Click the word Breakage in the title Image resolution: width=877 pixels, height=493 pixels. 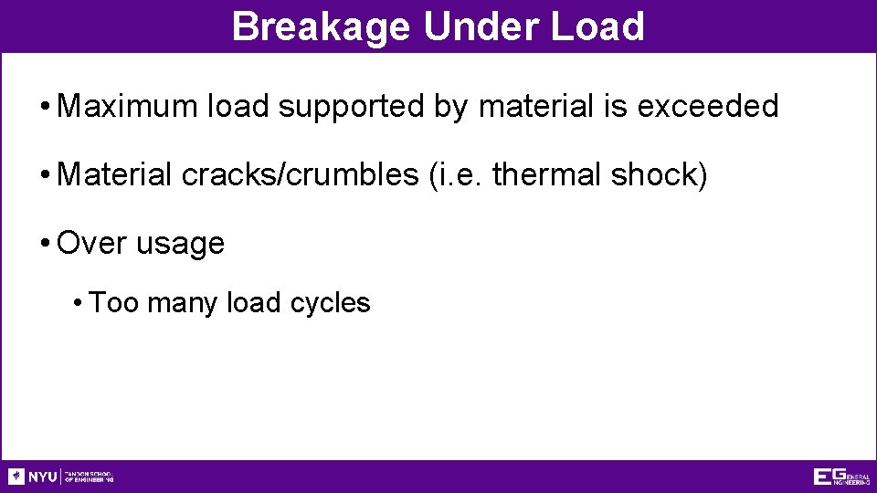pyautogui.click(x=322, y=26)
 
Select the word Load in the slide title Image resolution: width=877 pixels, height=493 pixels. pyautogui.click(x=598, y=26)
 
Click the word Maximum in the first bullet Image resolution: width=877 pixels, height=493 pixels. pyautogui.click(x=127, y=107)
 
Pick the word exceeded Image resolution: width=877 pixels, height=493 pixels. pyautogui.click(x=708, y=107)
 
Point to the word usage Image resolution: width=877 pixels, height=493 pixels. pyautogui.click(x=180, y=245)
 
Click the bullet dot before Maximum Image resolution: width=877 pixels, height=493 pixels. pyautogui.click(x=45, y=108)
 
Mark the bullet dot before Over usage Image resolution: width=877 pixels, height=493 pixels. pyautogui.click(x=45, y=244)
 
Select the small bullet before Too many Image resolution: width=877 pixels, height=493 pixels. pyautogui.click(x=80, y=303)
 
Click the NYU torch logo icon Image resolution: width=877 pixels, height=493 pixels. pyautogui.click(x=16, y=477)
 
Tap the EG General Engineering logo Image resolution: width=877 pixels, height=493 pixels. pyautogui.click(x=841, y=477)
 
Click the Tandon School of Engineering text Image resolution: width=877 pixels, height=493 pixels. pyautogui.click(x=90, y=477)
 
